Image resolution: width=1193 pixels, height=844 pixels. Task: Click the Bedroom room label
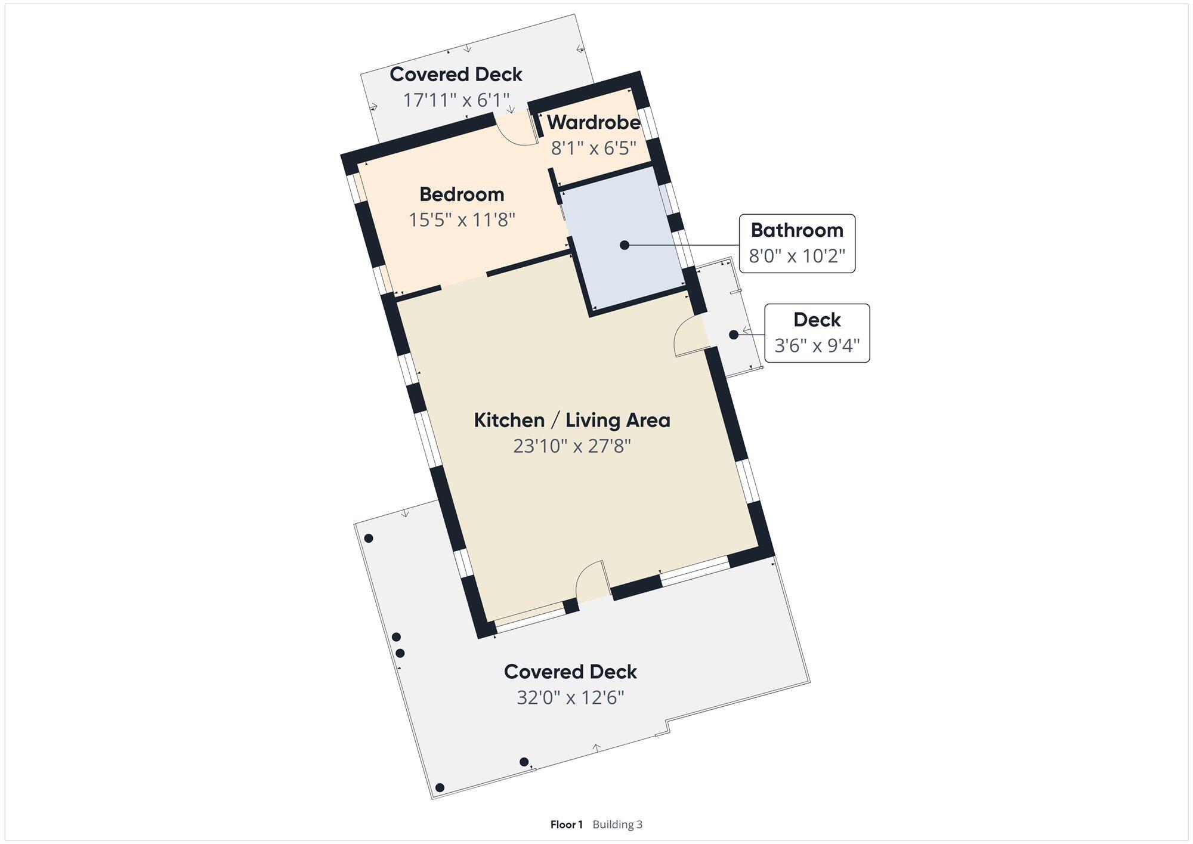click(462, 194)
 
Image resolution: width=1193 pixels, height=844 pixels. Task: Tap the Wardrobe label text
click(594, 122)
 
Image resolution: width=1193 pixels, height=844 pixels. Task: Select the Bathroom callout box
click(797, 243)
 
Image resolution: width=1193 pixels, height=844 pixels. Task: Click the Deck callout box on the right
click(817, 333)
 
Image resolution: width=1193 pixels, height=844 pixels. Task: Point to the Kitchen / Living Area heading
click(572, 421)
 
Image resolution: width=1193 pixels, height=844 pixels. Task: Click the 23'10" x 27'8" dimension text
click(572, 446)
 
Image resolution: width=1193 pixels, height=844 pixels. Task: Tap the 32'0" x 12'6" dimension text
click(570, 697)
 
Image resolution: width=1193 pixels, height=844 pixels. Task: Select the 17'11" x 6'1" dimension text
click(456, 100)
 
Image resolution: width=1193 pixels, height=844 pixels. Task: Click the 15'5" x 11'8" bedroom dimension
click(462, 220)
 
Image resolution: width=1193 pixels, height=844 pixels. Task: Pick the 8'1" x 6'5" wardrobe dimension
click(594, 148)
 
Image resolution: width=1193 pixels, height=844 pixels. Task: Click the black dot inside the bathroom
click(625, 245)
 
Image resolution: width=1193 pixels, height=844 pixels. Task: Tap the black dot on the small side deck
click(734, 335)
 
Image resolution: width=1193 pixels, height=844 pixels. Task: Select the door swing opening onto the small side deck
click(686, 337)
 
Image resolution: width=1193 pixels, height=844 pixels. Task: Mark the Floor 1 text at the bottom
click(566, 824)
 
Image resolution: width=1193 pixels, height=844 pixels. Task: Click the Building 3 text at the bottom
click(617, 824)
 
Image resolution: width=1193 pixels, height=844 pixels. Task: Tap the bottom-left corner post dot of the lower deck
click(440, 788)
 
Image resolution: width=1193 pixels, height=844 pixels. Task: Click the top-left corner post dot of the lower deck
click(369, 539)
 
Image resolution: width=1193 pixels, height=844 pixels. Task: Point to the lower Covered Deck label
click(570, 672)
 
